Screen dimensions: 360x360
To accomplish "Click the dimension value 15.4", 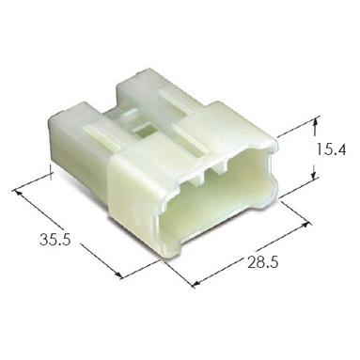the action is pos(331,149).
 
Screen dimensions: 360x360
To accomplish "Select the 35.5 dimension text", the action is pos(55,240).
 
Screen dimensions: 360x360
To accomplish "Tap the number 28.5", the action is pos(263,262).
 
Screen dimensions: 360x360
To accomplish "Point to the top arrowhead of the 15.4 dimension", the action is pos(315,121).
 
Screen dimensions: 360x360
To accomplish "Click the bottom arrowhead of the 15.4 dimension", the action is pos(314,176).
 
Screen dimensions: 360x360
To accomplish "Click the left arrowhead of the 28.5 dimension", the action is pos(196,283).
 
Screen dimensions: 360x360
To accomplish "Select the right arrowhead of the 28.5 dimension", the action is pos(305,226).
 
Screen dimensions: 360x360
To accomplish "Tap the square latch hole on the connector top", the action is pos(143,131).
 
